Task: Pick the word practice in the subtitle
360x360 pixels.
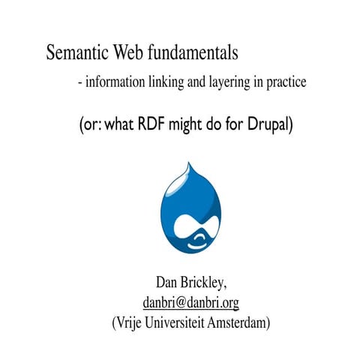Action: [x=286, y=83]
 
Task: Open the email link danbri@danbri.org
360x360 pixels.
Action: [x=190, y=303]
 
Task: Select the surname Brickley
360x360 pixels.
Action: [x=204, y=283]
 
